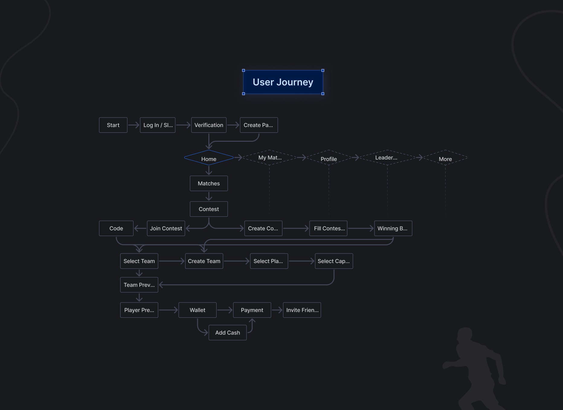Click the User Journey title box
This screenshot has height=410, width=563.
283,82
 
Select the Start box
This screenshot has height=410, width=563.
113,125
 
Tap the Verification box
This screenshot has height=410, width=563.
209,125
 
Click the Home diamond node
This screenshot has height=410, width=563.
209,158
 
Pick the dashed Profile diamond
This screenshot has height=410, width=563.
329,158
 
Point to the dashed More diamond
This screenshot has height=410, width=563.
445,158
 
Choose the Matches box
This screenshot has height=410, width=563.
209,183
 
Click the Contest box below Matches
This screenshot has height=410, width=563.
209,209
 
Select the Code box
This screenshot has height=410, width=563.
116,228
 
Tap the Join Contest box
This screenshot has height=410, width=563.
166,228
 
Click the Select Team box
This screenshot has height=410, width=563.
139,261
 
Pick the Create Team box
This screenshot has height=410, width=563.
204,261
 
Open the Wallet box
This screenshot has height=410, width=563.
198,310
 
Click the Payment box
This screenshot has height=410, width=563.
252,310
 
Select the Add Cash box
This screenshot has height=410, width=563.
228,333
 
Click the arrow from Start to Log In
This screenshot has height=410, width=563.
134,125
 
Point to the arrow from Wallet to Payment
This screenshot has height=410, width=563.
225,310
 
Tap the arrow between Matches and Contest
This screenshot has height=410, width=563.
209,196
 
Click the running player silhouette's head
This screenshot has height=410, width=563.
465,335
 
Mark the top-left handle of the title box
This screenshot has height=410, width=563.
243,70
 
